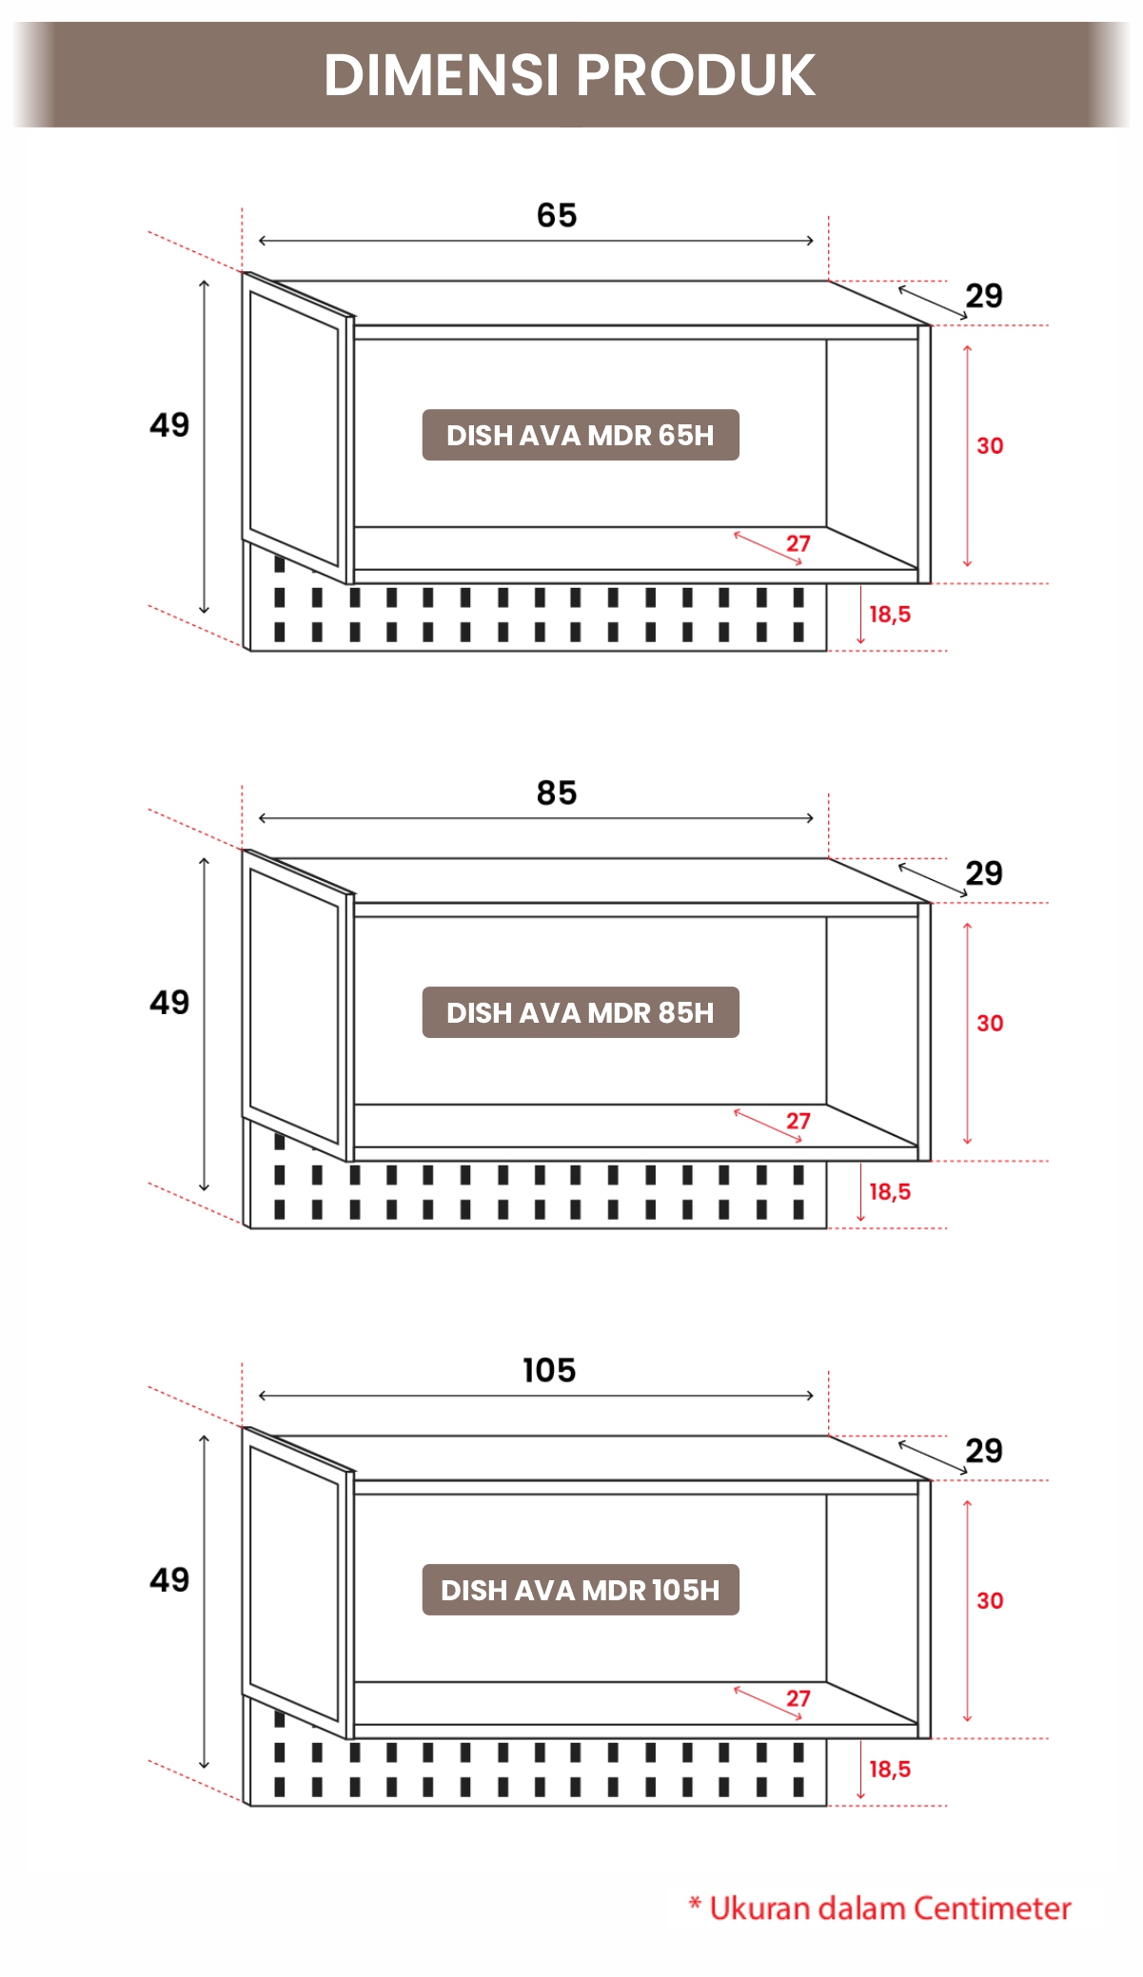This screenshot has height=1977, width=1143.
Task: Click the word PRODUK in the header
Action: pyautogui.click(x=696, y=74)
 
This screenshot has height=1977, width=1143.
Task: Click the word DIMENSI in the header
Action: pyautogui.click(x=442, y=74)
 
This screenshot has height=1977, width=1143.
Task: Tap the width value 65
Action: pyautogui.click(x=557, y=215)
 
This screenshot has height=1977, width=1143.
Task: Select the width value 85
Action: pyautogui.click(x=557, y=793)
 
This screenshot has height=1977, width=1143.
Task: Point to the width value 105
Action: pyautogui.click(x=549, y=1370)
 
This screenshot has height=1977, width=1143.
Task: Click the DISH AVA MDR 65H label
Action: pyautogui.click(x=581, y=435)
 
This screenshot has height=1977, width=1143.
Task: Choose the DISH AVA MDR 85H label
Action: pyautogui.click(x=581, y=1012)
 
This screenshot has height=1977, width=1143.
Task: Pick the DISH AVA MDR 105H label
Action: pyautogui.click(x=581, y=1590)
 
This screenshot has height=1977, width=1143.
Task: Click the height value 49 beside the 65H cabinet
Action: pyautogui.click(x=169, y=424)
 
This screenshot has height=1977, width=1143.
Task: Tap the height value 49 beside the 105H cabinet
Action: pyautogui.click(x=169, y=1579)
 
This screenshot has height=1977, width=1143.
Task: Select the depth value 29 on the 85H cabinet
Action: pyautogui.click(x=984, y=872)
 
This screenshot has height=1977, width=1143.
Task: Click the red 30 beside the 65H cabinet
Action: pyautogui.click(x=990, y=445)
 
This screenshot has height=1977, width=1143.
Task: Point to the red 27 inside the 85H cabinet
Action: pyautogui.click(x=798, y=1121)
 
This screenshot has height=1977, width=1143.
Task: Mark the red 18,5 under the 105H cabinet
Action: pyautogui.click(x=890, y=1770)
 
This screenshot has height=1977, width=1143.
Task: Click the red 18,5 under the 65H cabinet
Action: pyautogui.click(x=890, y=615)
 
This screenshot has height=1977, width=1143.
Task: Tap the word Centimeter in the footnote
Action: pyautogui.click(x=993, y=1908)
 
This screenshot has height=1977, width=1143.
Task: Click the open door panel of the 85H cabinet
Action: pyautogui.click(x=297, y=1005)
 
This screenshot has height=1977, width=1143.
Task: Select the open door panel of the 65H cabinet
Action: pyautogui.click(x=297, y=427)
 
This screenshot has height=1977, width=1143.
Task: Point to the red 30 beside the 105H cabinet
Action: pyautogui.click(x=990, y=1600)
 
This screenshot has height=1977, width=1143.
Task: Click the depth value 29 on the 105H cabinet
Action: pyautogui.click(x=984, y=1450)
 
